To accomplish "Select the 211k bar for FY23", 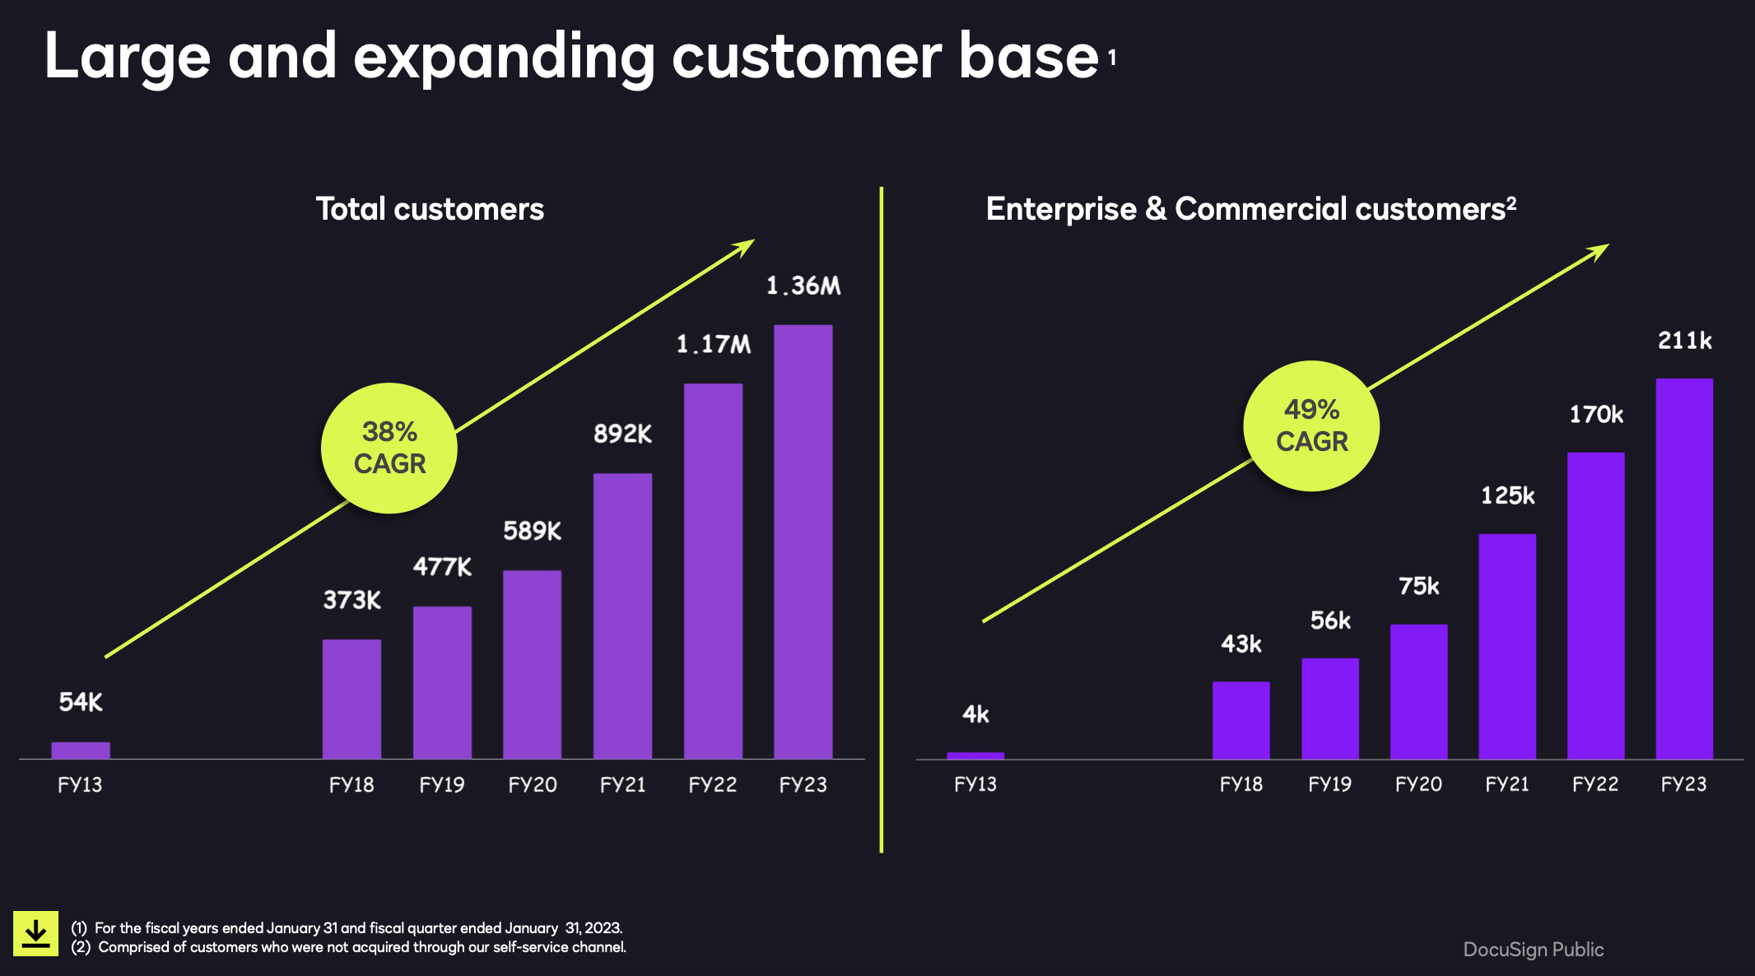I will coord(1684,568).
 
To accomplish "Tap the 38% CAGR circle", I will coord(389,448).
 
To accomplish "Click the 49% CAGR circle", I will coord(1311,425).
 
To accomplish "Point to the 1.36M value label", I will coord(803,286).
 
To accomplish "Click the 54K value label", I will coord(81,702).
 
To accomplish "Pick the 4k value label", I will coord(975,714).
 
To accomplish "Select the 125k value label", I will coord(1507,495).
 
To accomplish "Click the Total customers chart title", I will coord(430,209).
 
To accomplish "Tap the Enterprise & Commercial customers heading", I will coord(1250,209).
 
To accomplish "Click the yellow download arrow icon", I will coord(35,933).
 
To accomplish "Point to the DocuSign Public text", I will coord(1533,949).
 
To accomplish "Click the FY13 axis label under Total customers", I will coord(80,785).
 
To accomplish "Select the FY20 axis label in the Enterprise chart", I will coord(1417,784).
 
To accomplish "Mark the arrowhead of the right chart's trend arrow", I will coord(1600,249).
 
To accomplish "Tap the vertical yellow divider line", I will coord(881,518).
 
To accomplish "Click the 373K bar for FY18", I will coord(351,699).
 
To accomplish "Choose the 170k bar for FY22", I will coord(1595,605).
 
